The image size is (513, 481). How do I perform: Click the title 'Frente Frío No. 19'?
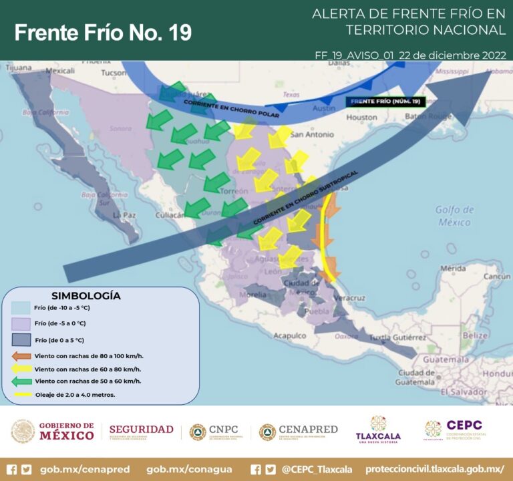[103, 31]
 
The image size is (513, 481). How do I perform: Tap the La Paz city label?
[125, 215]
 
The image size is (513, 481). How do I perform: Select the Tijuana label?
[19, 67]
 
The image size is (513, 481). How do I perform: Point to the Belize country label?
[475, 335]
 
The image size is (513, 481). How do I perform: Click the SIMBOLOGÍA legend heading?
[85, 295]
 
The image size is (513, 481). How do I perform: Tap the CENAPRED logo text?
[307, 430]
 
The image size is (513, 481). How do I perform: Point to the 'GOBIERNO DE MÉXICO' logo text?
[66, 431]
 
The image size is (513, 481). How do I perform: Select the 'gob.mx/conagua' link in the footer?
[189, 469]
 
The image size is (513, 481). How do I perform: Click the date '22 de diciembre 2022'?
[452, 55]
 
